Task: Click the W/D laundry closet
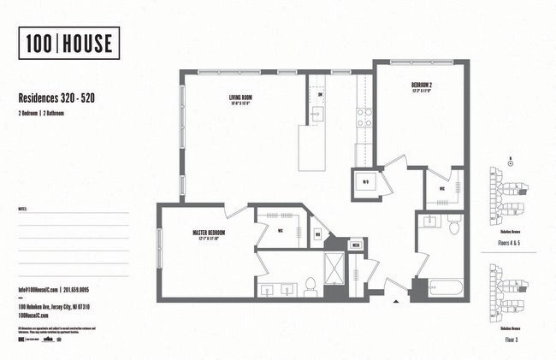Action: point(365,182)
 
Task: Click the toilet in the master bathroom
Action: point(311,288)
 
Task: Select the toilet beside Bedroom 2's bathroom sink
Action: point(453,224)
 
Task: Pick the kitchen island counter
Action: point(312,148)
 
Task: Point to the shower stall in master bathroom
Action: point(332,267)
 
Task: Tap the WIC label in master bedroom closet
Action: point(281,230)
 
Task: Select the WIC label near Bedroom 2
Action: point(442,189)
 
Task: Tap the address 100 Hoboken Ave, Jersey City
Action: point(54,307)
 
